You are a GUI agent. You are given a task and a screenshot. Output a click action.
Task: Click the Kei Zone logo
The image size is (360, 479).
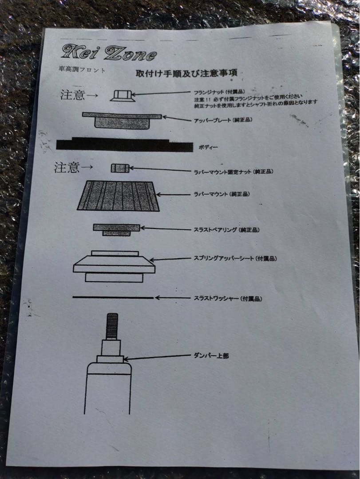pyautogui.click(x=109, y=53)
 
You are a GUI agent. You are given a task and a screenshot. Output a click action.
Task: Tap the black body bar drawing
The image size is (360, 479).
pyautogui.click(x=125, y=144)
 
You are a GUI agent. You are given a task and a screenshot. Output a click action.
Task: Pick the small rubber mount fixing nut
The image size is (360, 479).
pyautogui.click(x=120, y=168)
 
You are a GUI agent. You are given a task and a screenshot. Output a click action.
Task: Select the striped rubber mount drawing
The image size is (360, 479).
pyautogui.click(x=119, y=196)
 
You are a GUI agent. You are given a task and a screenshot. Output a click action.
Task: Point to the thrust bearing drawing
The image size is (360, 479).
pyautogui.click(x=116, y=229)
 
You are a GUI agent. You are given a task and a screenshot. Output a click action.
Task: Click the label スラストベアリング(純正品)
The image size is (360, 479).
pyautogui.click(x=227, y=230)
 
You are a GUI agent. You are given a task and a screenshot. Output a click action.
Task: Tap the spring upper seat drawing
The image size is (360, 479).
pyautogui.click(x=114, y=267)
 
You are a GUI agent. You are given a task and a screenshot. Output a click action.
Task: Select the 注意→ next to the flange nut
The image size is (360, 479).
pyautogui.click(x=79, y=95)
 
